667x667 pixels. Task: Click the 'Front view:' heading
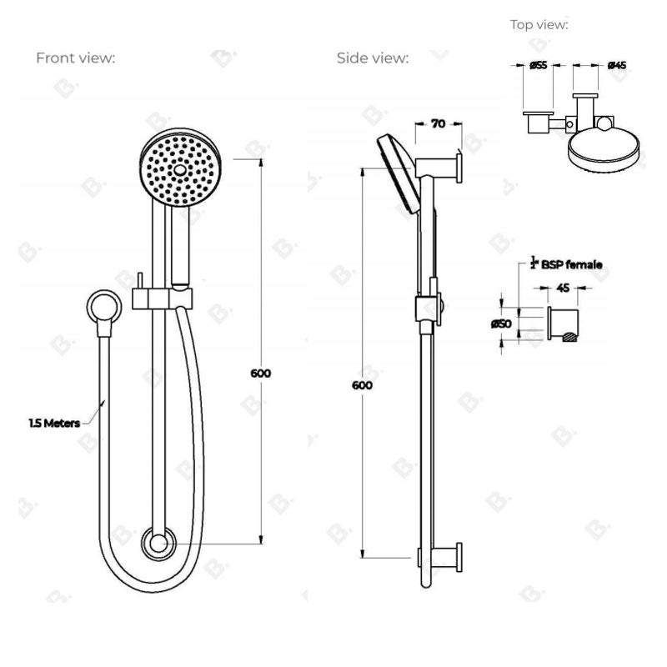tap(75, 58)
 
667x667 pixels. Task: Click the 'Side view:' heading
tap(373, 58)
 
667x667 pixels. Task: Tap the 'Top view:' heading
tap(539, 25)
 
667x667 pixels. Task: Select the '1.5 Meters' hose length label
tap(54, 423)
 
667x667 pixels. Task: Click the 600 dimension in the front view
tap(261, 374)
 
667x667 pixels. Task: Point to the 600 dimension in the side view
tap(362, 385)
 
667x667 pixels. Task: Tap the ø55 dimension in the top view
tap(537, 65)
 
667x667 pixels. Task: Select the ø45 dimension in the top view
tap(617, 65)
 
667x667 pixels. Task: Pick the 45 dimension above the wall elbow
tap(563, 288)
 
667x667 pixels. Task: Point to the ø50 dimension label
tap(501, 322)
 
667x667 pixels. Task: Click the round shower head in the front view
tap(177, 169)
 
